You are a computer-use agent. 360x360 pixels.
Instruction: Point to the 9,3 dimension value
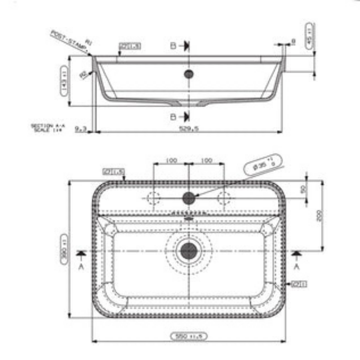(x=80, y=128)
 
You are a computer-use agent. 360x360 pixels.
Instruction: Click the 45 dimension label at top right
(x=309, y=36)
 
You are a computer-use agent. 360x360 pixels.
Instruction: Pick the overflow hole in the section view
(x=189, y=74)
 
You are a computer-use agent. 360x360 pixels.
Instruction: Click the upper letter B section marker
(x=173, y=46)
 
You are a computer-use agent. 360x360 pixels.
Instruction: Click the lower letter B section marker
(x=173, y=117)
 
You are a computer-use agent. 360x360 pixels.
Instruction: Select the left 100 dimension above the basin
(x=171, y=160)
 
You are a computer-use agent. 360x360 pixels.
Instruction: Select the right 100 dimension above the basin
(x=206, y=160)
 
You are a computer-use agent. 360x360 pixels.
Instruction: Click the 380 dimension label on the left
(x=64, y=250)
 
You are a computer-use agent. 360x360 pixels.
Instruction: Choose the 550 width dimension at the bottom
(x=189, y=336)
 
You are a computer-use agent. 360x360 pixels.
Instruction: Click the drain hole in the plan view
(x=189, y=251)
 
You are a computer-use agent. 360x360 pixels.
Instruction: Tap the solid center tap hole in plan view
(x=189, y=197)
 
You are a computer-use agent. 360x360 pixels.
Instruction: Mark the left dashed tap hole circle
(x=154, y=198)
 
